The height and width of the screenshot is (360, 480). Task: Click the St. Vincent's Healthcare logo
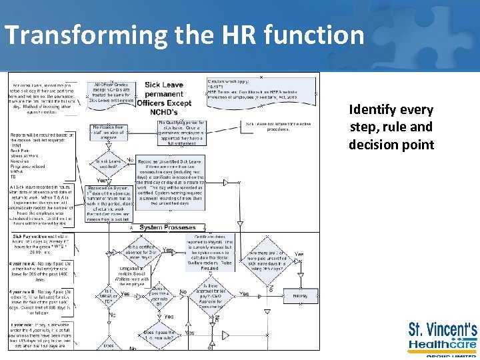coord(442,337)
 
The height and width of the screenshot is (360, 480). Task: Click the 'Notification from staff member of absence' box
coord(108,131)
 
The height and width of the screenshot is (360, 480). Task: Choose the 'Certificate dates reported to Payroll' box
coord(213,250)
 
